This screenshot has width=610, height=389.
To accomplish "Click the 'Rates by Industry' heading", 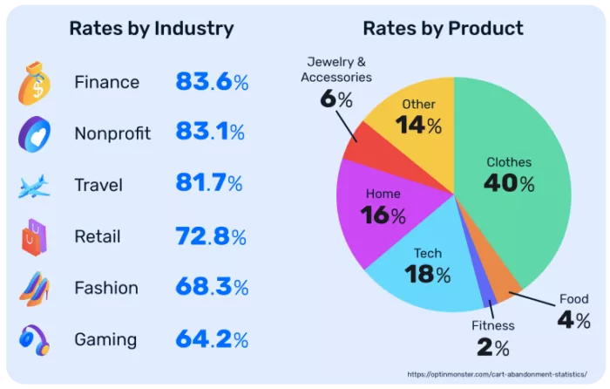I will (152, 28).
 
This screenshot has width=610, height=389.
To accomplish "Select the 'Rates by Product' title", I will (443, 28).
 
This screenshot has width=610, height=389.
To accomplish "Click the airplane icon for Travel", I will (35, 185).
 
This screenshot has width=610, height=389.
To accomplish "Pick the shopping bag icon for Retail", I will (35, 236).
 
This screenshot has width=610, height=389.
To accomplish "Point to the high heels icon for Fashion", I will (35, 287).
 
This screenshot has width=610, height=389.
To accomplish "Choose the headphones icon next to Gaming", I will (35, 338).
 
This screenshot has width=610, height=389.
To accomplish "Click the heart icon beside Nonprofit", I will (35, 133).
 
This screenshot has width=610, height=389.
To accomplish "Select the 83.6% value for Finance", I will (212, 82).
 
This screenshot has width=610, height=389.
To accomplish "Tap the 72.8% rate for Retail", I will (212, 236).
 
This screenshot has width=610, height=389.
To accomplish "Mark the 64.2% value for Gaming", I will (212, 338).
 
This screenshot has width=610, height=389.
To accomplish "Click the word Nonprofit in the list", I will (112, 133).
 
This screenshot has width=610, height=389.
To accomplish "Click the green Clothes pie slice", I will (514, 201).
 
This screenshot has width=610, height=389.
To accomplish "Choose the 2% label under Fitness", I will (492, 348).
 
